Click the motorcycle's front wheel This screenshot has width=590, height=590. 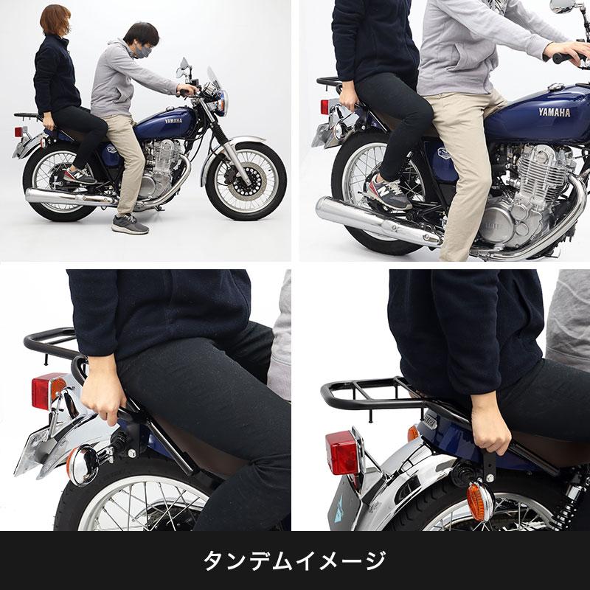coord(246,181)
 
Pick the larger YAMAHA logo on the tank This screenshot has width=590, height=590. coord(554,113)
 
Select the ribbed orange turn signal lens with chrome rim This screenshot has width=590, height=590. coord(479,500)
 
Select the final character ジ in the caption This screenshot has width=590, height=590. coord(375,560)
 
